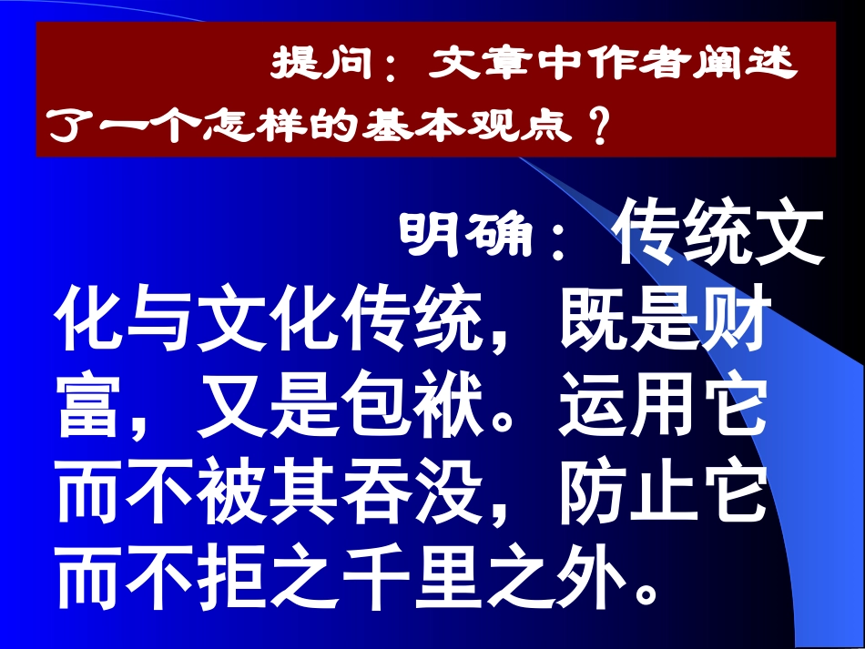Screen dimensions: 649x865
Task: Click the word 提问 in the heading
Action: (324, 66)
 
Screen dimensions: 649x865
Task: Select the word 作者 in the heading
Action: (604, 66)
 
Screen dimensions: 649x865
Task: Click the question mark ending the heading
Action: (599, 125)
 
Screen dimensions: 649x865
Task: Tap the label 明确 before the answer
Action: (464, 236)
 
